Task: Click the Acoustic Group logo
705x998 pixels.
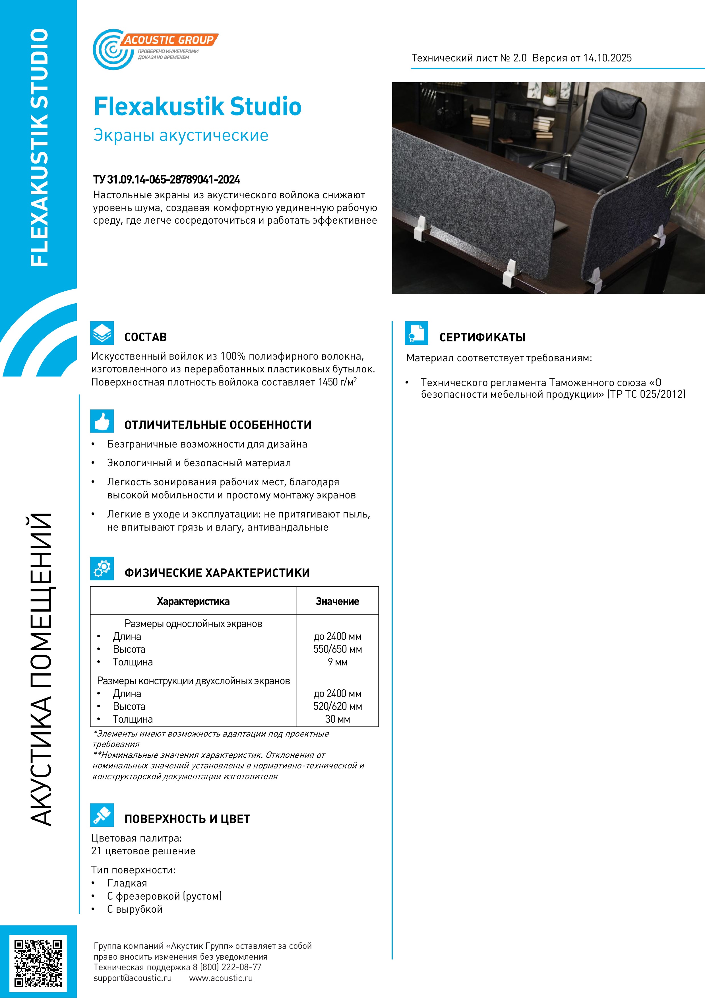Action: (x=154, y=49)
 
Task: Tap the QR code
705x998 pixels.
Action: (x=38, y=963)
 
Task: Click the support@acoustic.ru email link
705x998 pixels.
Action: (x=133, y=978)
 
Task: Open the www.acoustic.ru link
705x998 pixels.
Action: (x=221, y=978)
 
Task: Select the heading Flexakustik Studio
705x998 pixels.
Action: (x=198, y=106)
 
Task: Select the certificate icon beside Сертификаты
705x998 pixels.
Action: (x=416, y=333)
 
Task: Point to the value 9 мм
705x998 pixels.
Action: (x=338, y=662)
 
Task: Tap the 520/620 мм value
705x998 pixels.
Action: (x=338, y=706)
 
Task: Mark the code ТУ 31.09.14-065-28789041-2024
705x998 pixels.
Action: (x=167, y=180)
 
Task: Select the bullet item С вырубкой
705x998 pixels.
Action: (x=135, y=909)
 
